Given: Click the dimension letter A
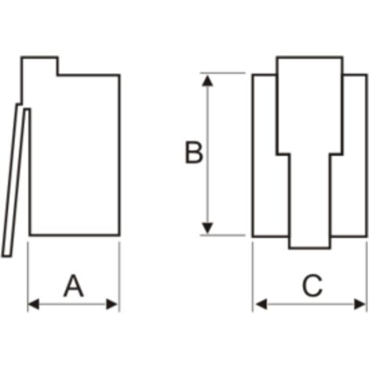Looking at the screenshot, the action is tap(74, 286).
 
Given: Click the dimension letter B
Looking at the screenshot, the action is tap(194, 152).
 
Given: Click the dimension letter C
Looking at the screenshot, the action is tap(312, 286).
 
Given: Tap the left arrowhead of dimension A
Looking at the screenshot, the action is tap(33, 305).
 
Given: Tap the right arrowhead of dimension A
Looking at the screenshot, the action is tap(112, 305).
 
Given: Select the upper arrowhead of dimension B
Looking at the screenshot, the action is tap(207, 81).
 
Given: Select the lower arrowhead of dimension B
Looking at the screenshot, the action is tap(207, 228).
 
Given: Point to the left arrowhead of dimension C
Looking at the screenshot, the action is tap(261, 305).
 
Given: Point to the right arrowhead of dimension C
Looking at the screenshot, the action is tap(360, 305).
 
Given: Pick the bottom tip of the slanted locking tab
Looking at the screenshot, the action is tap(6, 257).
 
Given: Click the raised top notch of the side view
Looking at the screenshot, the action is tap(39, 66).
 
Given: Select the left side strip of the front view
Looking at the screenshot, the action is tap(265, 155).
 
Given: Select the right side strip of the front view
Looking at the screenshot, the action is tap(355, 155).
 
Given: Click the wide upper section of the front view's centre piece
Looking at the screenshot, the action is tap(310, 105).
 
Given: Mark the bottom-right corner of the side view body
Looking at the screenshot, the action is tap(120, 236).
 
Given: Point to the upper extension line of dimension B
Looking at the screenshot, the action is tap(223, 73).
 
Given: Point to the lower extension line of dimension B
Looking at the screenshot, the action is tap(223, 236).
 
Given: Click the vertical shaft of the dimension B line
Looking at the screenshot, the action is tap(207, 155).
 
